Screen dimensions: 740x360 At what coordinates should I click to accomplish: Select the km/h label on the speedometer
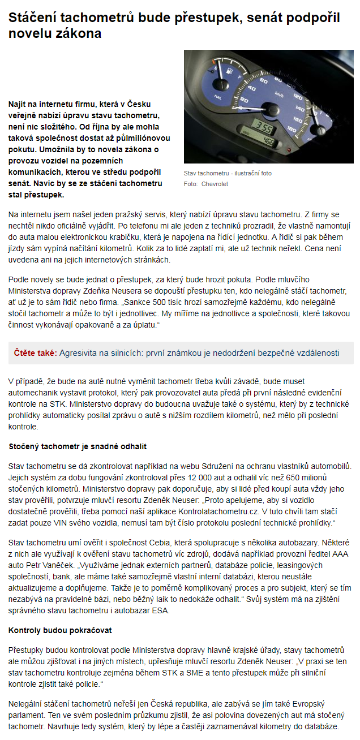[279, 93]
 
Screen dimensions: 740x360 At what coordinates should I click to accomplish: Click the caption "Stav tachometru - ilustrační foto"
[228, 173]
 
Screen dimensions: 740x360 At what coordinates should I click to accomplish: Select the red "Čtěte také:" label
[35, 353]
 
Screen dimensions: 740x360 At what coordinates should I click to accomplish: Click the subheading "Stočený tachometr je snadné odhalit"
[78, 446]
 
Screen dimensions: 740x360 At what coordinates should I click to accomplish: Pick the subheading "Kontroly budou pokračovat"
[60, 630]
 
